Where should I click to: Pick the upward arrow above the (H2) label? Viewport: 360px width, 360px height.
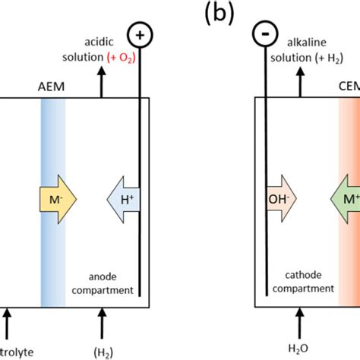[103, 323]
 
